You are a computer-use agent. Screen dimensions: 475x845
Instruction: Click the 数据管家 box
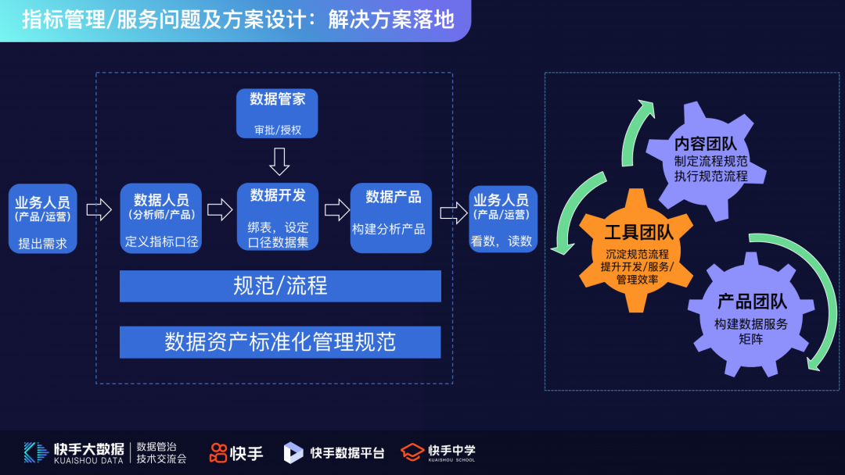tap(278, 113)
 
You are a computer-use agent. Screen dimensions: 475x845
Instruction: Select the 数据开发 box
tap(278, 217)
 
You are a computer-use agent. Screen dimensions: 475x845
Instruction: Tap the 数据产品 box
tap(391, 217)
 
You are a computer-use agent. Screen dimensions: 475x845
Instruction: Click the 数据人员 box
tap(161, 217)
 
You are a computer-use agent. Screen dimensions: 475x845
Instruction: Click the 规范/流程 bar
tap(280, 286)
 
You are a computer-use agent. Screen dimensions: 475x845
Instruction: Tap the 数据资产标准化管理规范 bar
tap(280, 341)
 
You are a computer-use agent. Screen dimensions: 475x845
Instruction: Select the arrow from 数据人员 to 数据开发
tap(220, 209)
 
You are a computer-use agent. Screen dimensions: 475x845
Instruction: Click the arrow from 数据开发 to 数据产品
tap(336, 209)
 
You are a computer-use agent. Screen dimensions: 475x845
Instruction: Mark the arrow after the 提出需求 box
tap(99, 209)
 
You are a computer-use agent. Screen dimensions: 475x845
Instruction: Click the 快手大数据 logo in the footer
tap(75, 452)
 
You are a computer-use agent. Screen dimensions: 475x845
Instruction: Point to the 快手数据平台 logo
tap(334, 452)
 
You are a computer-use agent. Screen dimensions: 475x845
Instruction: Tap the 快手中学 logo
tap(438, 452)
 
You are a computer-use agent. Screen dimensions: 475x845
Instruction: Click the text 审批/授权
tap(278, 130)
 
